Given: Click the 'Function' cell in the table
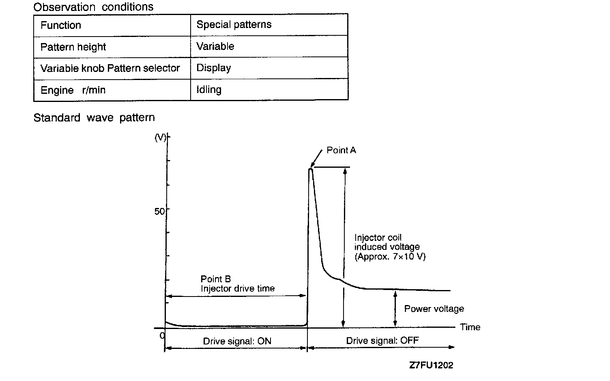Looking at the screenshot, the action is pos(61,25).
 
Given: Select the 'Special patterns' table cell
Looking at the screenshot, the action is pos(234,25).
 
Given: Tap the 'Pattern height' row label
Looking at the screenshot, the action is pos(73,47).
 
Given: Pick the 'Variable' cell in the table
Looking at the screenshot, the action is pos(215,46).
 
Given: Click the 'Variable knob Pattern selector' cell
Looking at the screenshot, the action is pos(110,68).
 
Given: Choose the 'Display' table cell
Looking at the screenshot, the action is pos(214,68).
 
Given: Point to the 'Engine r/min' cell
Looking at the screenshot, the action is pos(73,90).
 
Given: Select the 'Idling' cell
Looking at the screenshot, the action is pos(209,89).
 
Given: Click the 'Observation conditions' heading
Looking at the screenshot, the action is pos(93,7).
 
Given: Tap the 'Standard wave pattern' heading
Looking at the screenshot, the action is pos(94,118).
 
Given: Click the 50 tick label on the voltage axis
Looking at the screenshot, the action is pos(160,211).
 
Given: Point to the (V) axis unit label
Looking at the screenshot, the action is pos(161,137).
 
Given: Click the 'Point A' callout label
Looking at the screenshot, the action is pos(341,150).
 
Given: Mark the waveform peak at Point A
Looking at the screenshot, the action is pos(311,169).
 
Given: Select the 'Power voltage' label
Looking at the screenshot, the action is pos(434,309).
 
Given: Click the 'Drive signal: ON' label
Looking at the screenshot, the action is pos(237,341).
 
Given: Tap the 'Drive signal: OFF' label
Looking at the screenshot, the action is pos(382,340).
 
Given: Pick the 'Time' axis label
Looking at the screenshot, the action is pos(470,327).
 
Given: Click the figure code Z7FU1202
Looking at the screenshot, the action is pos(431,365).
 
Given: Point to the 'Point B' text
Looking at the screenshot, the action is pos(216,279).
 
